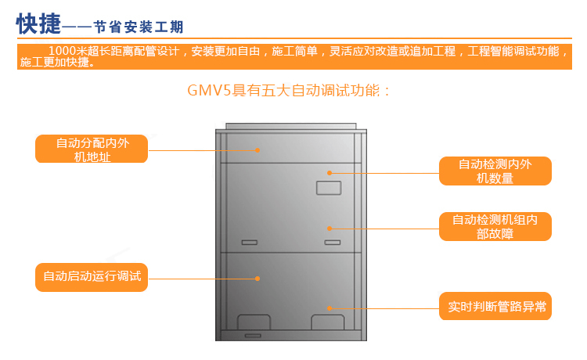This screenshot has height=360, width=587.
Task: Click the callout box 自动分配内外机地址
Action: (92, 149)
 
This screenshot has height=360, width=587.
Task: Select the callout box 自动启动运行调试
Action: (92, 276)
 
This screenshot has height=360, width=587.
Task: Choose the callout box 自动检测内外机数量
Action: (495, 171)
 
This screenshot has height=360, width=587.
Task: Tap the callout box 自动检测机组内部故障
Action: (495, 226)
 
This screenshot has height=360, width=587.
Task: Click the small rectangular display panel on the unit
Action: (328, 188)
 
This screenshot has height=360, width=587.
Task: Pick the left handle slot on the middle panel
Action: (250, 242)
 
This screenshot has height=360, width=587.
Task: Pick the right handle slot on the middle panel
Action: (333, 242)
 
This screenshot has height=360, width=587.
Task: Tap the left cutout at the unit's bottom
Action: (253, 322)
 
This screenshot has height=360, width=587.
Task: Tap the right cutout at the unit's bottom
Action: (327, 322)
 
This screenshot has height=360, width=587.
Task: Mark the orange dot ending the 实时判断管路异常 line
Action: (330, 308)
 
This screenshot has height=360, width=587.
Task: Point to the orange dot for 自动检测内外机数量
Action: (330, 171)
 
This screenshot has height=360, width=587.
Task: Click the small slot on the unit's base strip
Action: (252, 335)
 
